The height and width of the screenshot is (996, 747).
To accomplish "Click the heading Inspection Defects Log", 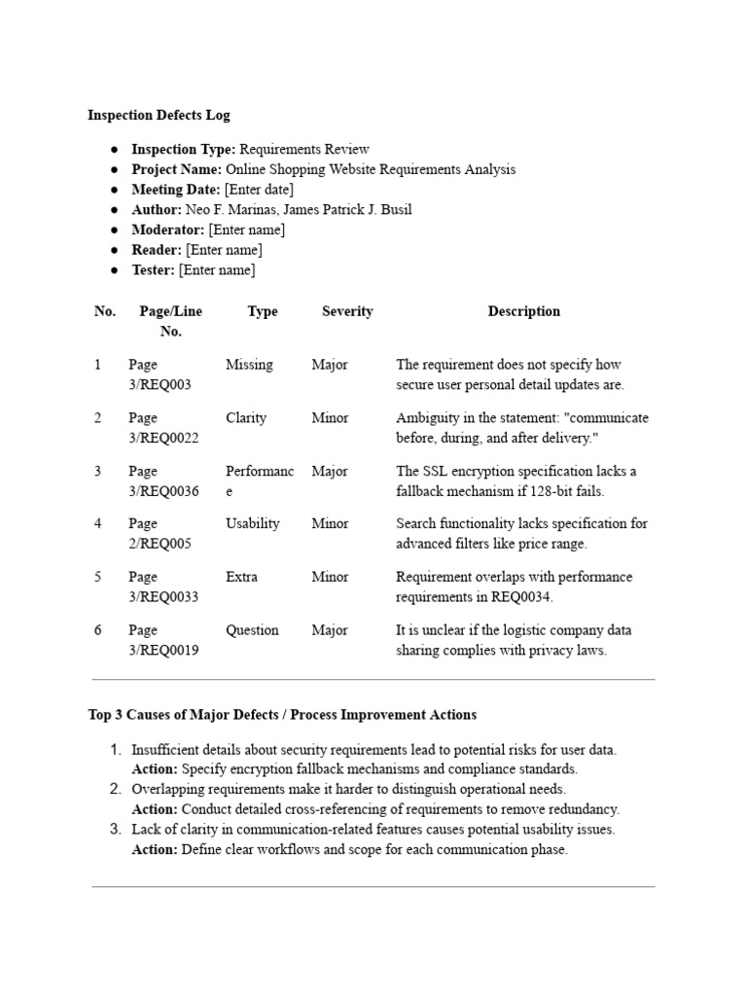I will coord(159,115).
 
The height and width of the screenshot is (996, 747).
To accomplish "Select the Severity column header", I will coord(347,311).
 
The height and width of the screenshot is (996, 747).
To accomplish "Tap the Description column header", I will coord(523,311).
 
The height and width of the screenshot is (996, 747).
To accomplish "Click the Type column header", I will coord(263,311).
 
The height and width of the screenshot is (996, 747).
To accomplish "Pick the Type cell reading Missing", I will coord(249,365).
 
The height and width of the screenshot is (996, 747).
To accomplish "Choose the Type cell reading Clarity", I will coord(245,418).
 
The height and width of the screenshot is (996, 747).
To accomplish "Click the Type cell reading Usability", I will coord(252,523).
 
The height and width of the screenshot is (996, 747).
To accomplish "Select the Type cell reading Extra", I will coord(241,577).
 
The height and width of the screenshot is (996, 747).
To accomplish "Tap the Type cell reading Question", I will coord(252,630).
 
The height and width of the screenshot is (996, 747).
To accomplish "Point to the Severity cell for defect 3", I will coord(330,472).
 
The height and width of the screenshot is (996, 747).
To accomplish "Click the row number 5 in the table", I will coord(97,577).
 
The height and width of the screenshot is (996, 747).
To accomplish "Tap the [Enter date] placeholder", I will coord(259,190).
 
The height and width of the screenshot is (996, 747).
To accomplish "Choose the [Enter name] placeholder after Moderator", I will coord(247,230).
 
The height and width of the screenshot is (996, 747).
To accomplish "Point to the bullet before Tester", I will coord(115,270).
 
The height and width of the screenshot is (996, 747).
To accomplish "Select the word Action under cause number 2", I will coord(154,809).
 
